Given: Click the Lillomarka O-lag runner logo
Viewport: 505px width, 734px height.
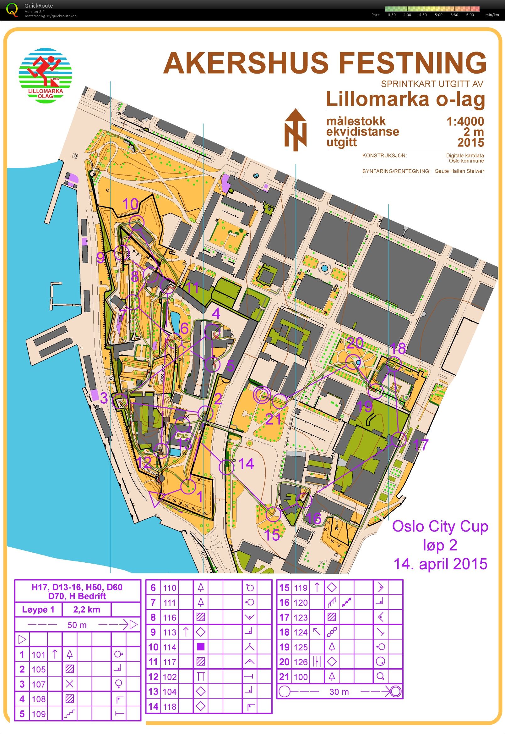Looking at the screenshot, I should tap(46, 75).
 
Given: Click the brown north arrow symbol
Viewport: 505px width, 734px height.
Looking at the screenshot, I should tap(295, 130).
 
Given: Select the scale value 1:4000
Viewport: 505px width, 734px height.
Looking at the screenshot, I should tap(465, 121).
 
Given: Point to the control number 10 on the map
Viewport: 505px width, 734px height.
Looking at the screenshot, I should tap(130, 204).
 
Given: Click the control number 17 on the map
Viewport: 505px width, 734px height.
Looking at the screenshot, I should tap(421, 444).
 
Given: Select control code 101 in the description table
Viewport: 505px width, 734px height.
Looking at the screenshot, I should tap(39, 654).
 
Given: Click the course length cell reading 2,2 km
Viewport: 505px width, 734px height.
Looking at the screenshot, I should tap(86, 610).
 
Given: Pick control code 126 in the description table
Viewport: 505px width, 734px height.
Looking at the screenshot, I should tap(300, 661).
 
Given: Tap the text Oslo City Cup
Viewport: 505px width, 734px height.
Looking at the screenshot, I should tap(440, 526).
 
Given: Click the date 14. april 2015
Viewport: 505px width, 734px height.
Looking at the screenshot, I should tap(440, 564).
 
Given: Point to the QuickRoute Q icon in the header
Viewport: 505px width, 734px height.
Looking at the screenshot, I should tap(12, 9).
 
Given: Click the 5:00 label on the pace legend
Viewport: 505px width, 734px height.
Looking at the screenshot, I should tap(438, 15).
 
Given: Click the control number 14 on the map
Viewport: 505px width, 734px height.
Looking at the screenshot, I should tap(246, 464).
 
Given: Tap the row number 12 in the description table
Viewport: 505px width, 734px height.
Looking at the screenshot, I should tap(153, 677).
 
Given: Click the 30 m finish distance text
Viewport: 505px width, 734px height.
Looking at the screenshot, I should tap(339, 692).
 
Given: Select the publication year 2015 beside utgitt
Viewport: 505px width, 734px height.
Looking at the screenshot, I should tap(470, 142).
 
